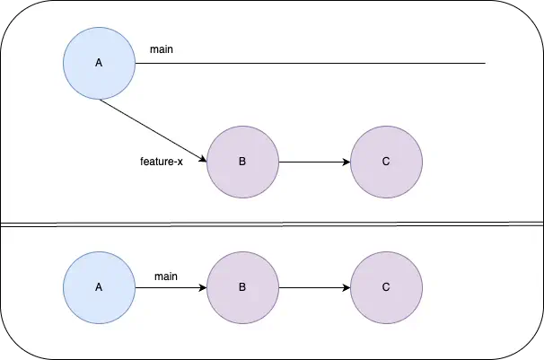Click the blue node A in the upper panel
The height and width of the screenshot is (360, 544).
tap(99, 63)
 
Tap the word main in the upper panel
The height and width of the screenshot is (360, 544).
tap(162, 49)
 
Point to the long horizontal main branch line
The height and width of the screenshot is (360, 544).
tap(323, 64)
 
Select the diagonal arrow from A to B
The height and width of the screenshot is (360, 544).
tap(153, 130)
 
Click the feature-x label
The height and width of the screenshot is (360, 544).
tap(162, 162)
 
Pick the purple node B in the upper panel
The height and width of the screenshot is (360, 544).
tap(242, 162)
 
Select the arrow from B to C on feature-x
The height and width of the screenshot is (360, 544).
tap(314, 162)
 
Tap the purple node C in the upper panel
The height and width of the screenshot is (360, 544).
tap(386, 162)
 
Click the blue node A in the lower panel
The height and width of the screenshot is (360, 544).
tap(99, 287)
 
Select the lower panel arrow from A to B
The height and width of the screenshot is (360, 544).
tap(171, 287)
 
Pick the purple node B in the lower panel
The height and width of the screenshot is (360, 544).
tap(242, 287)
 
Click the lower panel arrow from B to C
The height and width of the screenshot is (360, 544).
tap(314, 287)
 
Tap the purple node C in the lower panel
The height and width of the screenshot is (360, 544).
tap(386, 287)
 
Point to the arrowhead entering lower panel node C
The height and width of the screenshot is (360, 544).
tap(347, 287)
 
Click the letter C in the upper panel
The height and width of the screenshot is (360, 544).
tap(386, 162)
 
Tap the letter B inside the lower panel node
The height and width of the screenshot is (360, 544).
tap(242, 287)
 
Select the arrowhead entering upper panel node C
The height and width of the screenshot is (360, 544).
tap(347, 162)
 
